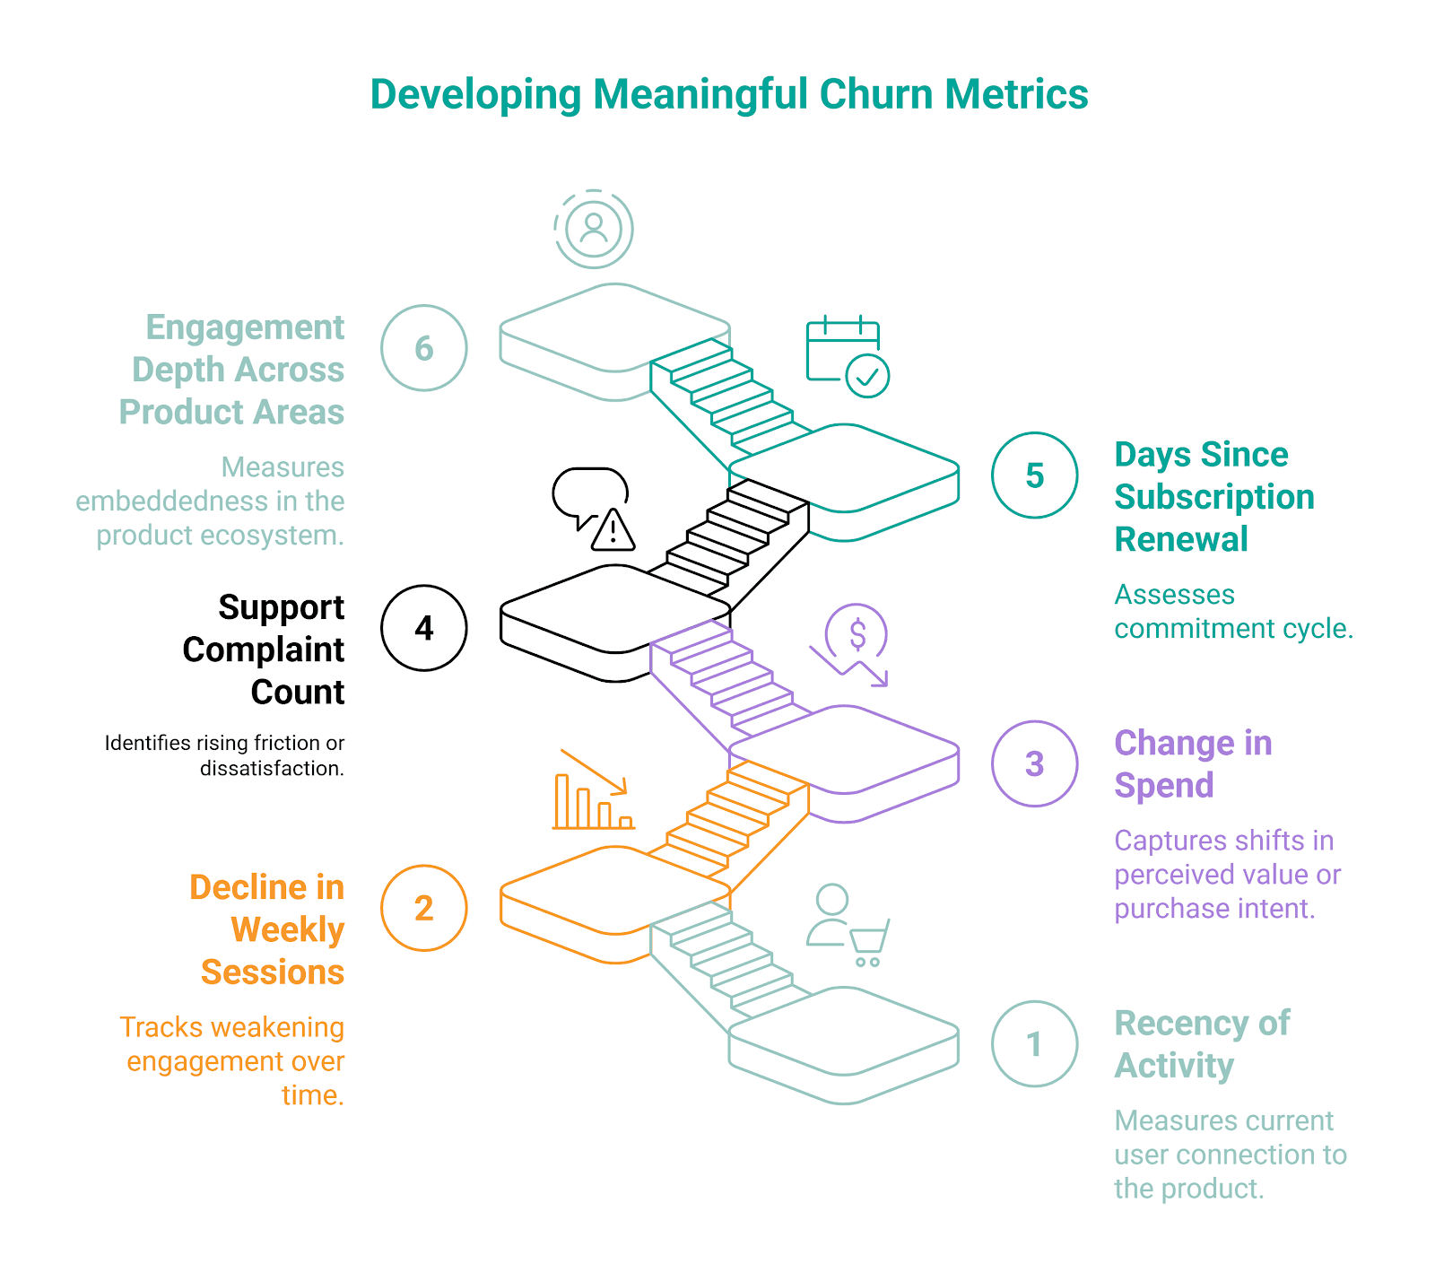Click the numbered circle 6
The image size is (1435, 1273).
coord(424,348)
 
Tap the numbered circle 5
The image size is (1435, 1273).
coord(1034,475)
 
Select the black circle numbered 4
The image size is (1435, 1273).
coord(424,628)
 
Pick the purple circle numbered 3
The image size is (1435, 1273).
coord(1034,763)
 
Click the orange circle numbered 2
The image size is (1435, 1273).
coord(424,908)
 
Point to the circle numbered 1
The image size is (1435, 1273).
coord(1034,1043)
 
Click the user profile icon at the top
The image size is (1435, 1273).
coord(594,228)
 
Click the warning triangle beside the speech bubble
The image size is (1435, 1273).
coord(613,530)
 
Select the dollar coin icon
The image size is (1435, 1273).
coord(857,634)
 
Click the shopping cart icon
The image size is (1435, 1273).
coord(868,942)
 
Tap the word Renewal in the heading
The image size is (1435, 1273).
coord(1181,539)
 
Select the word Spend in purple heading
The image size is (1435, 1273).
coord(1164,785)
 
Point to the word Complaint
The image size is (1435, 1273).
coord(263,650)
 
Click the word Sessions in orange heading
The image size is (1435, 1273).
coord(273,972)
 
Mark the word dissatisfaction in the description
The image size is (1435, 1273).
coord(272,769)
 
